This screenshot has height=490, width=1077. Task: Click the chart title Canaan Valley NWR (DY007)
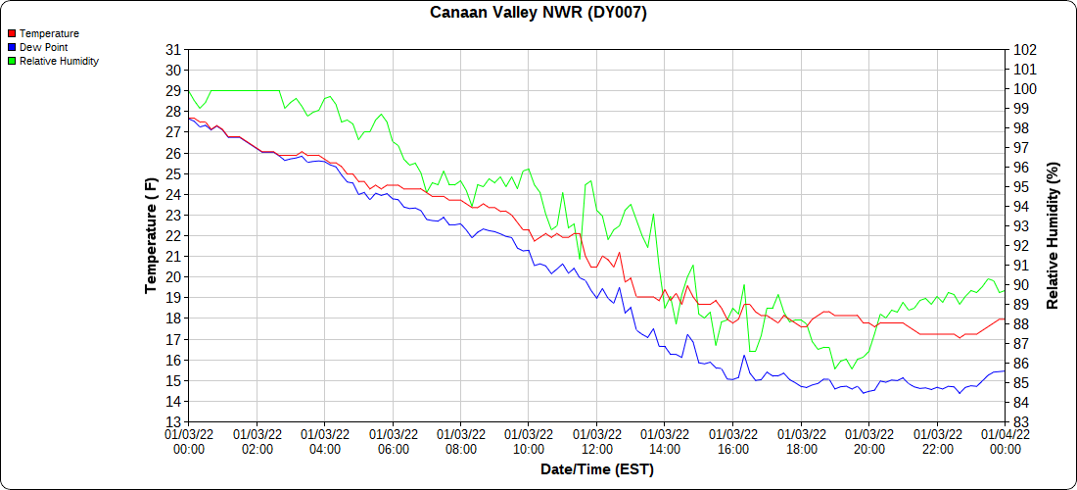point(538,13)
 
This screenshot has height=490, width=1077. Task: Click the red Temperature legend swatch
point(12,33)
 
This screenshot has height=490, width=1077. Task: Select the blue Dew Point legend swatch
point(12,47)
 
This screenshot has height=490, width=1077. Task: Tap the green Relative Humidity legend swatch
point(12,61)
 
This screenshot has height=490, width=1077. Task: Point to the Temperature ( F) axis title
point(151,235)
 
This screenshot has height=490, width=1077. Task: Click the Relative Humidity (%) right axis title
point(1054,235)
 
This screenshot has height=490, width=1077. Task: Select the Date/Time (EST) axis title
point(597,469)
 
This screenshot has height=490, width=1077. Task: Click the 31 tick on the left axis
point(173,49)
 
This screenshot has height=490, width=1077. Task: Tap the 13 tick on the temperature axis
point(173,422)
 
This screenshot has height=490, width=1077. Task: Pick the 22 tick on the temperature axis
point(173,236)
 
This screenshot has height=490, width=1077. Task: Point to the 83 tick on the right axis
point(1021,422)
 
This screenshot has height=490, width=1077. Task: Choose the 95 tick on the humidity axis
point(1021,186)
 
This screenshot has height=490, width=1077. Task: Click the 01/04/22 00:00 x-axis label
point(1006,441)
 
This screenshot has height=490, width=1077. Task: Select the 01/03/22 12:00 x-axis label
point(597,441)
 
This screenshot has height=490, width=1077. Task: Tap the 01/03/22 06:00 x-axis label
point(393,441)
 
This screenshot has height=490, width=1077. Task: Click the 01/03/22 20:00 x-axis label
point(869,441)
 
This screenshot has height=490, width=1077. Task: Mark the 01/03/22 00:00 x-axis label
point(189,441)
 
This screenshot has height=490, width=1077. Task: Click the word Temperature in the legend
point(49,33)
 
